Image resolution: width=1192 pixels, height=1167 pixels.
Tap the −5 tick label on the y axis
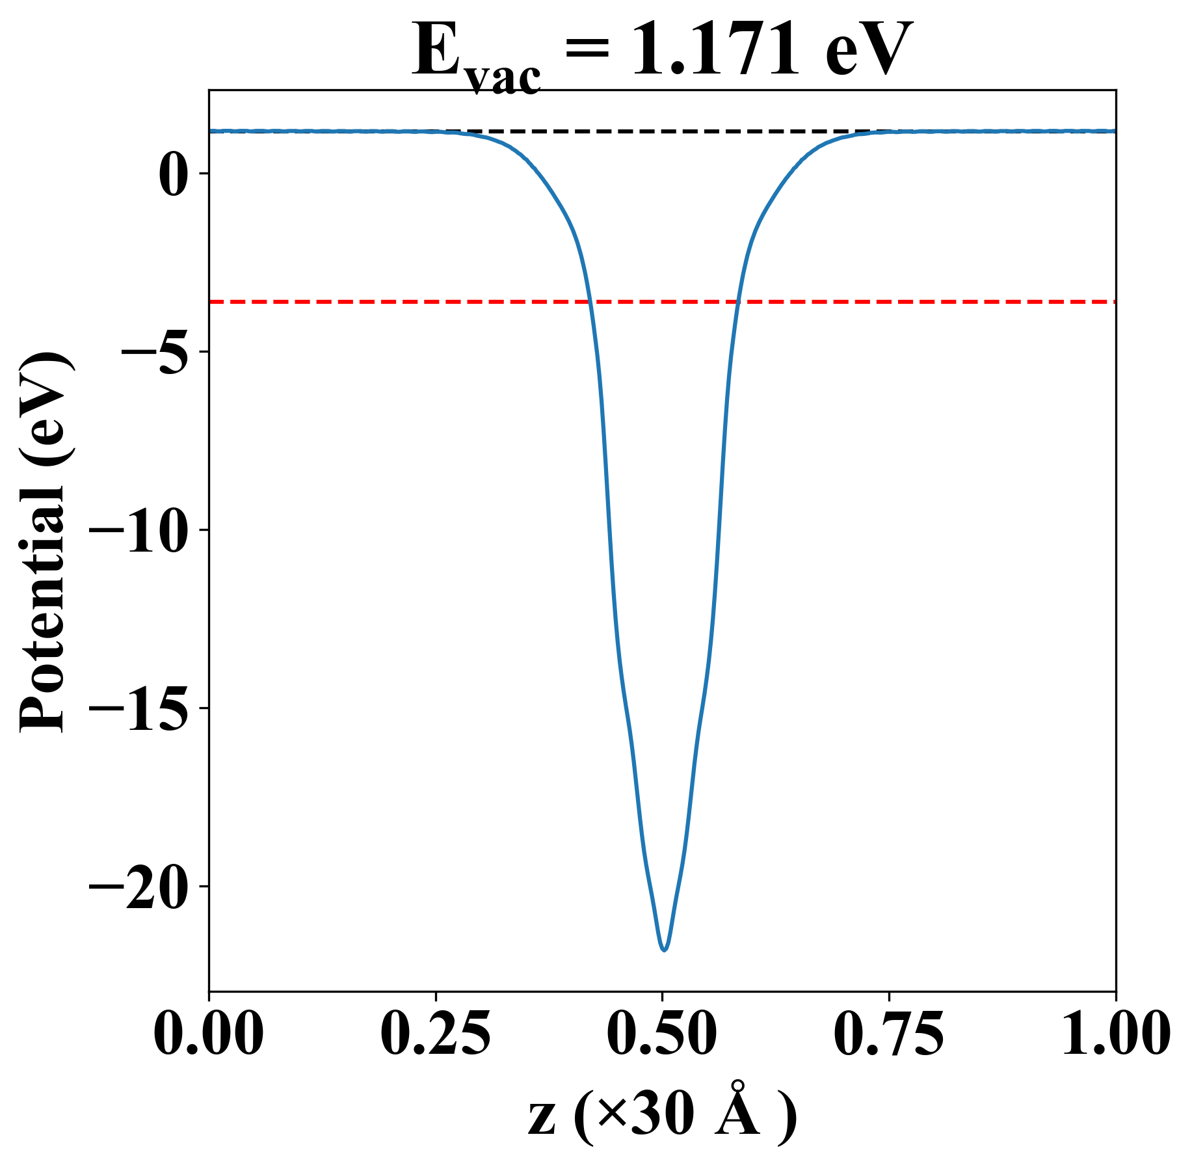click(x=155, y=352)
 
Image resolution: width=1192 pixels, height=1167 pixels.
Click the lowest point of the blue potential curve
click(x=664, y=950)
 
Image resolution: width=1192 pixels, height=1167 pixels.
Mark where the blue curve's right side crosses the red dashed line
click(x=737, y=302)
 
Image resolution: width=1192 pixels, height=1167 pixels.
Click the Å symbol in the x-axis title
click(x=737, y=1114)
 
